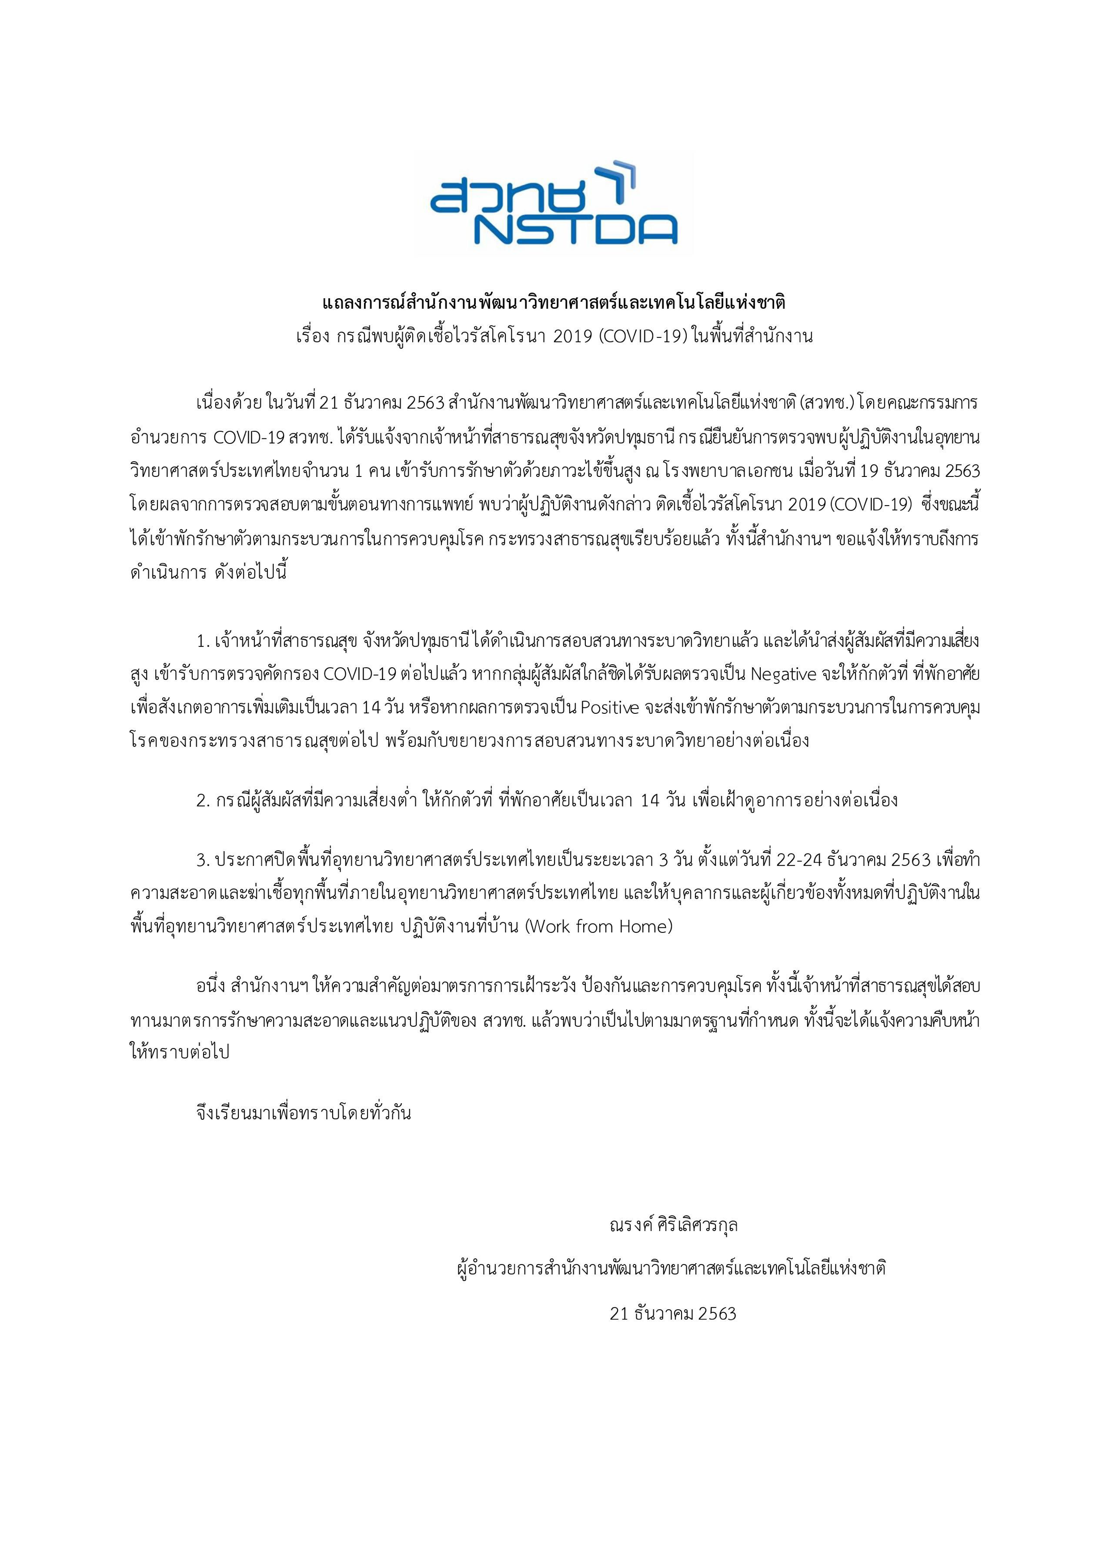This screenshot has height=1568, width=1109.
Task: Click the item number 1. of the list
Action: tap(202, 642)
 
